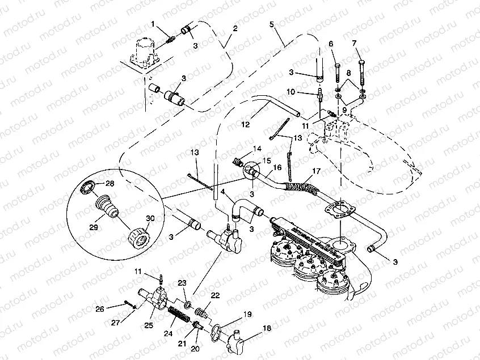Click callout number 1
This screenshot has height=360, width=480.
pyautogui.click(x=153, y=23)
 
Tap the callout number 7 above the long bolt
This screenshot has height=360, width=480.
pyautogui.click(x=354, y=43)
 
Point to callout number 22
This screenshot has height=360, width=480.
pyautogui.click(x=215, y=295)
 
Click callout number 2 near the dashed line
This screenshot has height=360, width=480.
pyautogui.click(x=235, y=28)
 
